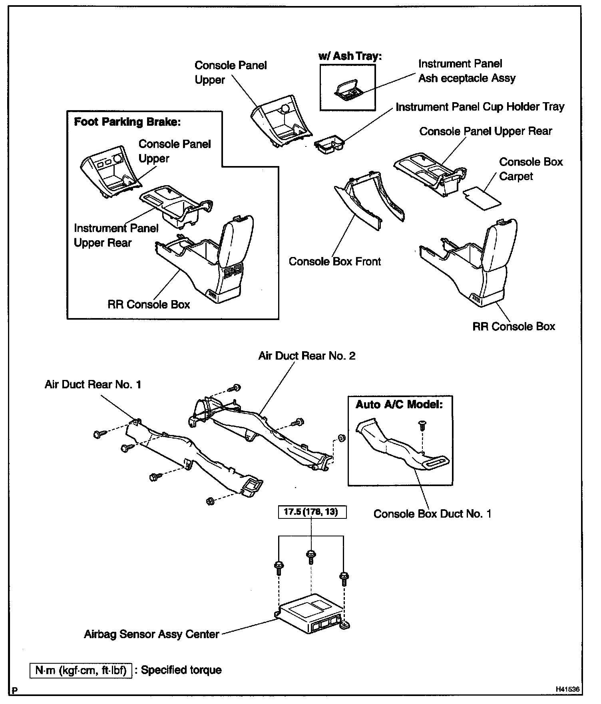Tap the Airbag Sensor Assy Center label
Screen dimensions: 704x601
click(x=151, y=634)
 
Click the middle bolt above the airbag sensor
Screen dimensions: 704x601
click(x=311, y=556)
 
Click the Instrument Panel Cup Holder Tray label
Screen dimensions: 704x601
click(x=480, y=107)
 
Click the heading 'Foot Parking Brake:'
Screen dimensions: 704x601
click(x=127, y=122)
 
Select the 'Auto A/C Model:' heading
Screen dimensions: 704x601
click(x=399, y=404)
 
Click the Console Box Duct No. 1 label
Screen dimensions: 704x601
click(x=432, y=514)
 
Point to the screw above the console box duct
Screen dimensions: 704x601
click(x=422, y=426)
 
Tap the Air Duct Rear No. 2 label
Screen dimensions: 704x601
click(x=306, y=356)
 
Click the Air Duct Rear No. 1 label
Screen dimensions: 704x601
click(x=93, y=384)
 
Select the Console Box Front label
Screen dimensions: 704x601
click(x=335, y=261)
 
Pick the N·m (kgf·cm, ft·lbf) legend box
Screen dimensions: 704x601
click(x=81, y=670)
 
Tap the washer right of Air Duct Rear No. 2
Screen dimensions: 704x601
click(x=342, y=438)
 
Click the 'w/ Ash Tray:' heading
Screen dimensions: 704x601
click(x=350, y=56)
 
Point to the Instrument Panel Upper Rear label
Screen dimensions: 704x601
click(x=116, y=235)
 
